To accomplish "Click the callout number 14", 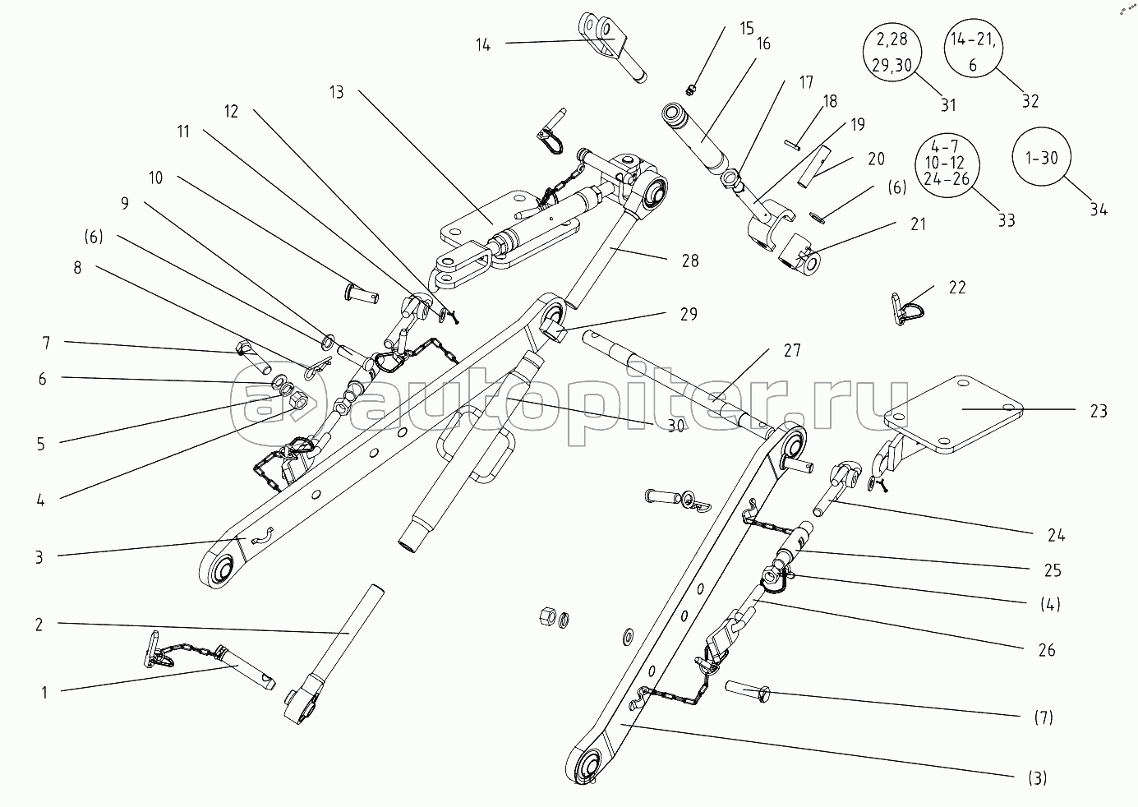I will point(482,44).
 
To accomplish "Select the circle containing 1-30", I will point(1043,159).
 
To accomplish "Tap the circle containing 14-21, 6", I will point(973,51).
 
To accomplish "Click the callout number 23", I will point(1099,412).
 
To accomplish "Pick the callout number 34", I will point(1099,210).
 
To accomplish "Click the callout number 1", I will point(45,692).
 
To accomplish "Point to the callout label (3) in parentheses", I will point(1037,777).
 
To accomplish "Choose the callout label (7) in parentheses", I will point(1043,718).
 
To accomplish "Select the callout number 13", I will point(336,91).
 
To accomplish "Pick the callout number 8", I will point(78,268).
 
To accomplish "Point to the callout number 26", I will point(1046,650).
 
